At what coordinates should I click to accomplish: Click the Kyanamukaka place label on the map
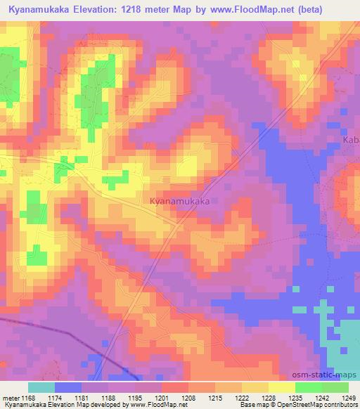[180, 201]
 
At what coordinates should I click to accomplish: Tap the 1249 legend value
[347, 398]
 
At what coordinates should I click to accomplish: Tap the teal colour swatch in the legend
[41, 387]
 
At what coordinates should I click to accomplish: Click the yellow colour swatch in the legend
[281, 387]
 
